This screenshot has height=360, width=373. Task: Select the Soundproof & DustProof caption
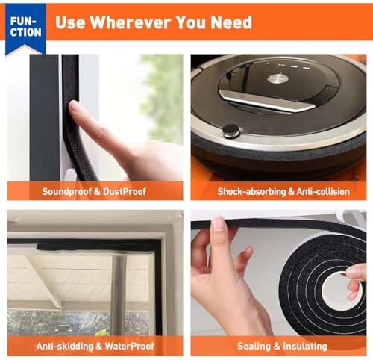point(95,191)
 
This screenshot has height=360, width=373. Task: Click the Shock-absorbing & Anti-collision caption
point(283,191)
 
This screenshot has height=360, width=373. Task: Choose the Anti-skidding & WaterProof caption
point(95,346)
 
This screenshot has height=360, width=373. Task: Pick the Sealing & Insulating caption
point(282,346)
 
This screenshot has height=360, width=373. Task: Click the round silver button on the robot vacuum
point(278,78)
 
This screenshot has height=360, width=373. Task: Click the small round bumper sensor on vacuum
point(232,131)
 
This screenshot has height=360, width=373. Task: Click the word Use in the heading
point(71,22)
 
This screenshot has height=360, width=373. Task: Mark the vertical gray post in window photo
point(118,295)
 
